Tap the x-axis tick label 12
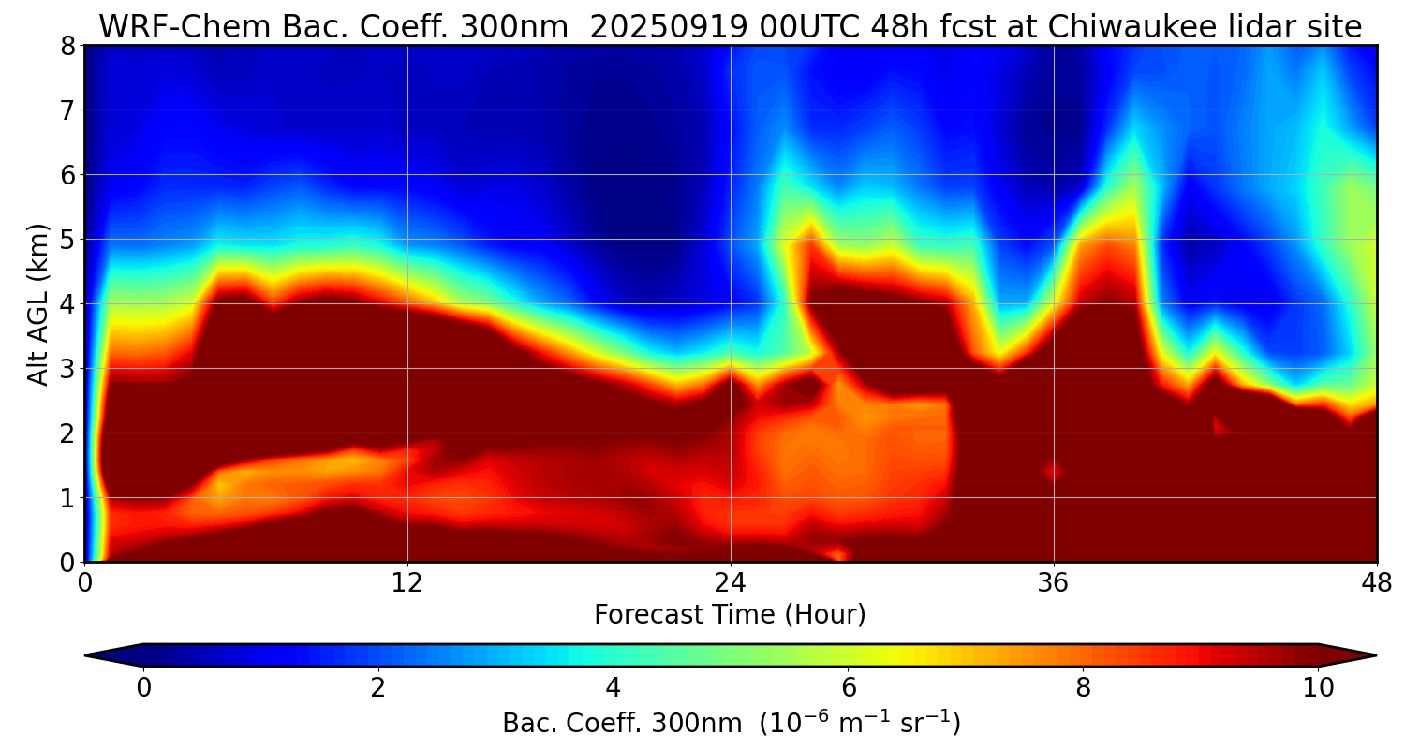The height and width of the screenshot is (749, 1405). (407, 581)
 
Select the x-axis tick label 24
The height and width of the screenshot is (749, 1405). (731, 581)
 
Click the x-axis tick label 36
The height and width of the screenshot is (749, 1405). (1054, 581)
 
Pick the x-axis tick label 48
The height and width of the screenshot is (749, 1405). (1376, 581)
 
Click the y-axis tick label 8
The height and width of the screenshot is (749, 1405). (67, 46)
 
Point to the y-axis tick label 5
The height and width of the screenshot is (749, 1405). (67, 240)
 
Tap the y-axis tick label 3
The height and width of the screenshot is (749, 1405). (67, 369)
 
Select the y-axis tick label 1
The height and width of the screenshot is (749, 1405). (67, 498)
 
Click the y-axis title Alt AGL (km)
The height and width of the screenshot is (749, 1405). (38, 304)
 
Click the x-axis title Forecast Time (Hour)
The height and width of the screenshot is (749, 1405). (730, 615)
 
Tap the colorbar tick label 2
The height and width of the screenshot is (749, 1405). (377, 688)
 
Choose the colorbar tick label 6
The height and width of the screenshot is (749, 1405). (849, 688)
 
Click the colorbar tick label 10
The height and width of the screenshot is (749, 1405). (1318, 688)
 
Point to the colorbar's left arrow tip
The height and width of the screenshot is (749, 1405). (86, 655)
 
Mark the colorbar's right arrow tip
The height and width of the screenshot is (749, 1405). (1375, 655)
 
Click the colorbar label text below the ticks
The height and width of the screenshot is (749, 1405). (731, 724)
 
